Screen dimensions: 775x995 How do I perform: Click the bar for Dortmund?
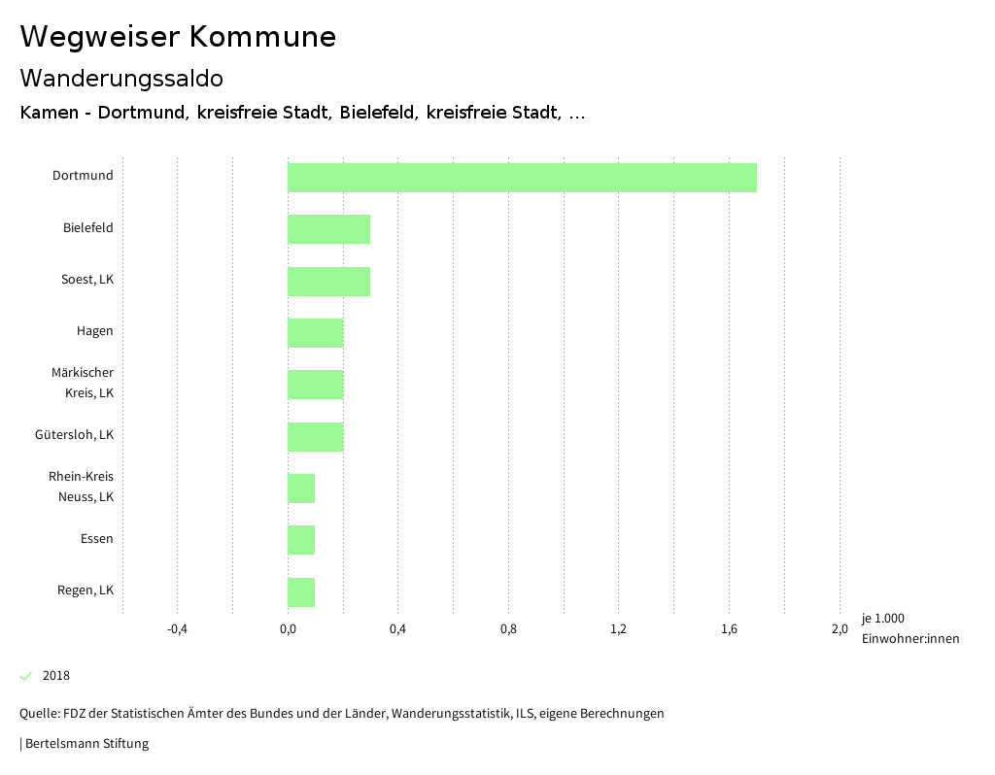point(522,178)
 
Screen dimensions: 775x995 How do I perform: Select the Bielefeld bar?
point(328,229)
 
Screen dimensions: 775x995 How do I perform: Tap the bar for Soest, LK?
point(328,282)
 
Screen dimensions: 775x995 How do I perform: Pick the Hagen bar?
point(315,333)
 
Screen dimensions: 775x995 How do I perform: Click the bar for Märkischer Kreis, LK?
point(315,385)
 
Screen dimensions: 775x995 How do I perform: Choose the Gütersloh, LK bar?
point(315,437)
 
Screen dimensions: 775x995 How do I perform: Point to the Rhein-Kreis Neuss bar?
point(301,489)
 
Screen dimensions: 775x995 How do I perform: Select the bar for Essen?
point(301,540)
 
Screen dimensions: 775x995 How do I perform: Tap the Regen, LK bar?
point(301,592)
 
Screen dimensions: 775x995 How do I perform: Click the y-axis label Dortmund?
point(83,176)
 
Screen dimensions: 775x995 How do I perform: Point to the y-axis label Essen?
point(96,538)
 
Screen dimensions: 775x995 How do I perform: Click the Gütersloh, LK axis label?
point(74,434)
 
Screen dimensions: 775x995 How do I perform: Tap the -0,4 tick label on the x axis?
point(177,628)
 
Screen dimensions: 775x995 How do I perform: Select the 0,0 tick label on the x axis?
point(288,628)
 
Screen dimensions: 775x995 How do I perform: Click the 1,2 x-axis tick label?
point(618,628)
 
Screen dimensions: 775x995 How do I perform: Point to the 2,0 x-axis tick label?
point(839,628)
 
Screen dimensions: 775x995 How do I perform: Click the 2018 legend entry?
point(55,675)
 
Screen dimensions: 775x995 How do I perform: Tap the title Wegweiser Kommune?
point(178,37)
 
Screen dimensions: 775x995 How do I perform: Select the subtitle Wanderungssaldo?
point(121,78)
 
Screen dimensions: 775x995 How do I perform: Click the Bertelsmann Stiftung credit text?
point(86,744)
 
